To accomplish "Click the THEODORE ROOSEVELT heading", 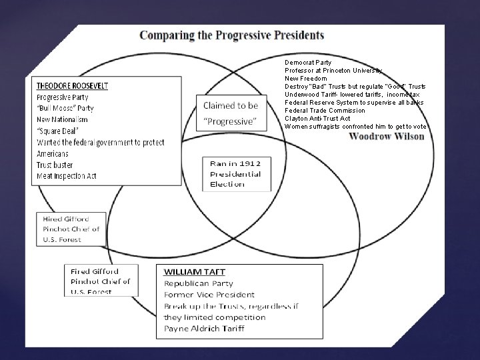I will coord(72,86).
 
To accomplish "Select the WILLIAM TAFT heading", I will coord(195,272).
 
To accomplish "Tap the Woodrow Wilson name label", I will coord(387,137).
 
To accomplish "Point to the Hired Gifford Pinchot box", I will coord(71,229).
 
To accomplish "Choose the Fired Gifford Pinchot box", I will coord(101,281).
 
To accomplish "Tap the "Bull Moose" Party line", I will coord(65,109).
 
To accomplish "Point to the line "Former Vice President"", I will coord(209,294).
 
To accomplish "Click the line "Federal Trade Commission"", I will coord(325,111).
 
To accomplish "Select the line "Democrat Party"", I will coord(308,62).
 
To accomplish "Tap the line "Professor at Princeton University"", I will coord(333,70).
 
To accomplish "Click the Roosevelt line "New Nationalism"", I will coord(63,119).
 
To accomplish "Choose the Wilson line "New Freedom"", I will coord(305,78).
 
